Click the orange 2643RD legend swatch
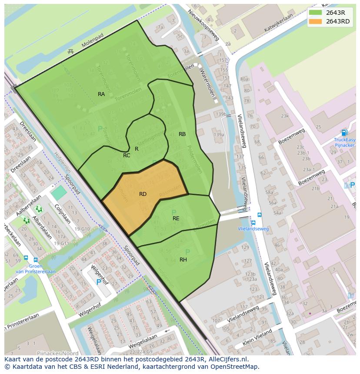click(x=316, y=22)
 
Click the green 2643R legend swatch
click(x=316, y=13)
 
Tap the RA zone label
click(x=101, y=94)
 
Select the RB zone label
click(x=182, y=134)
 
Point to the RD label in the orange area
click(x=143, y=194)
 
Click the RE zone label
click(x=176, y=218)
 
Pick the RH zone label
click(x=183, y=260)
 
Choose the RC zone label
click(x=127, y=156)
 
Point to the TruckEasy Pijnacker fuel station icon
click(x=344, y=132)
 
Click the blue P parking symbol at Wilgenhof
click(x=99, y=282)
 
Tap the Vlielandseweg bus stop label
click(x=253, y=229)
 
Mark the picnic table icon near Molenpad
click(x=71, y=52)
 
